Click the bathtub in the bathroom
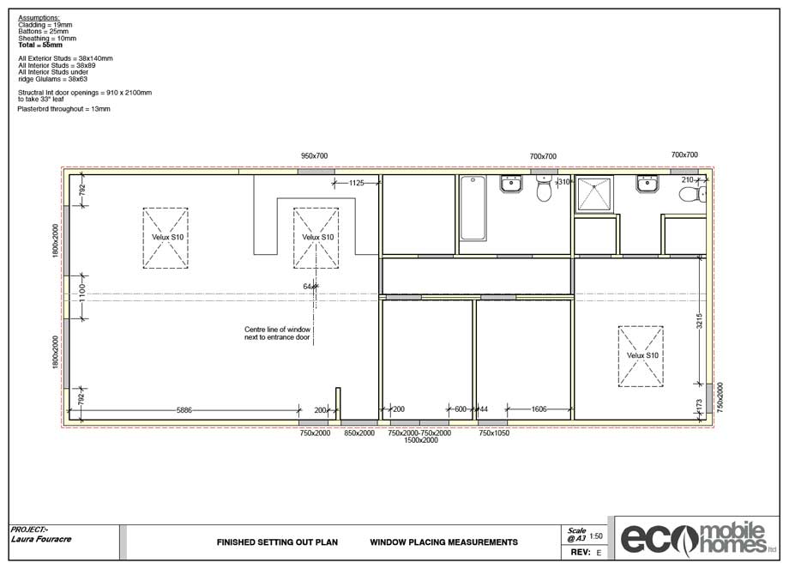pos(473,209)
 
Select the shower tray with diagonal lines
pos(594,194)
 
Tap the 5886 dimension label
pos(184,410)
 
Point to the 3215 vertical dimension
pos(699,321)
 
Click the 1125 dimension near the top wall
pos(356,183)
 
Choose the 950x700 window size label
pos(315,156)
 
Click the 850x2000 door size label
pos(359,433)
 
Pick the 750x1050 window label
pos(494,433)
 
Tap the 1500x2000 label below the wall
pos(421,440)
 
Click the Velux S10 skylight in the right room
pos(641,356)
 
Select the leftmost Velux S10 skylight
pos(166,238)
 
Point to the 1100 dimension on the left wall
pos(82,297)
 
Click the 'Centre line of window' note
pos(277,333)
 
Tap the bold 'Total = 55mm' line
pos(40,45)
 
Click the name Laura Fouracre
pos(41,539)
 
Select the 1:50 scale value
pos(596,536)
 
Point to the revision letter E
pos(599,553)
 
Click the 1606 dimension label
pos(539,409)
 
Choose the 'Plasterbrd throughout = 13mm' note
pos(64,109)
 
